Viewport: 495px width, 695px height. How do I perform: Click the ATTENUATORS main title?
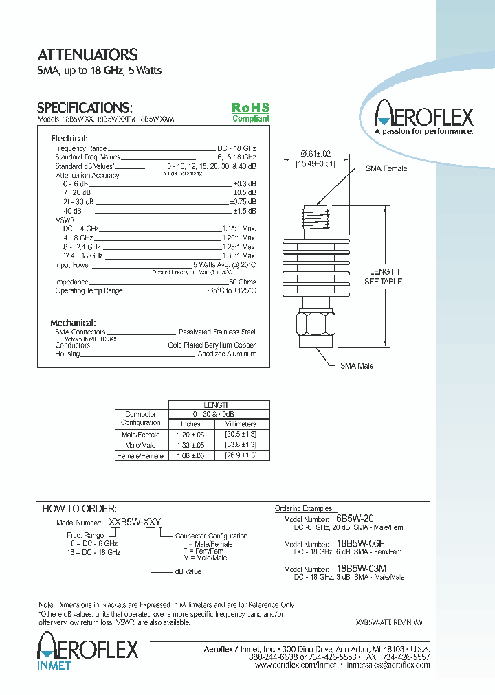[x=87, y=55]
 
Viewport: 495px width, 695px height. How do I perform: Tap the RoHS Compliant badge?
[x=251, y=113]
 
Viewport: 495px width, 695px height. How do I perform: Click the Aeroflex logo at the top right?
[x=423, y=117]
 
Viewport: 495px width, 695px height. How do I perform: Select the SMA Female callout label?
[x=386, y=168]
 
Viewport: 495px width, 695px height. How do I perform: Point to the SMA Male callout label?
[x=357, y=366]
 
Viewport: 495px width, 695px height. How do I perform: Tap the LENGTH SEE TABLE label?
[x=384, y=276]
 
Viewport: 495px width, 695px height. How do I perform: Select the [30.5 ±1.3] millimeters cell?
[x=240, y=435]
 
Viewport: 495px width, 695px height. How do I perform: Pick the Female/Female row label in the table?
[x=141, y=456]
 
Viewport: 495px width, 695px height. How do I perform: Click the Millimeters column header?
[x=240, y=424]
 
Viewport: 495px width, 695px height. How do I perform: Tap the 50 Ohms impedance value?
[x=242, y=282]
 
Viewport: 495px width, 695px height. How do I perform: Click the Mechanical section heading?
[x=73, y=323]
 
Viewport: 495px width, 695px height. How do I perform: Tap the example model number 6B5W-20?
[x=355, y=519]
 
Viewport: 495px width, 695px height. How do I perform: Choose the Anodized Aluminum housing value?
[x=227, y=354]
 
